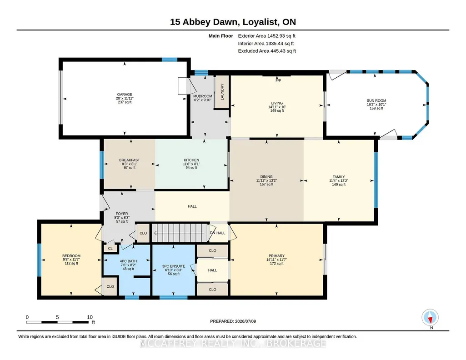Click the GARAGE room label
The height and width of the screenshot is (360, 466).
pyautogui.click(x=125, y=95)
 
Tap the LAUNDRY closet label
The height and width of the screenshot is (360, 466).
pyautogui.click(x=222, y=91)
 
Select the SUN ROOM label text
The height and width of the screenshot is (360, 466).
pyautogui.click(x=376, y=101)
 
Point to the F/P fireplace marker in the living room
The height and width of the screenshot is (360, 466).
pyautogui.click(x=278, y=80)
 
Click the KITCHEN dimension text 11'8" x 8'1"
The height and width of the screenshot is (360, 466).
pyautogui.click(x=191, y=164)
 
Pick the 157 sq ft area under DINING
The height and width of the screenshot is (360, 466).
pyautogui.click(x=266, y=185)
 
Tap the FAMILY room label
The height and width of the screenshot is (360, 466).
pyautogui.click(x=339, y=177)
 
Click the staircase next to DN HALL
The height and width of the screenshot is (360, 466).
pyautogui.click(x=180, y=233)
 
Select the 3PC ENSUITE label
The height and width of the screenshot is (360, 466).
pyautogui.click(x=174, y=266)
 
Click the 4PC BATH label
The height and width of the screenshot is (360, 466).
pyautogui.click(x=128, y=261)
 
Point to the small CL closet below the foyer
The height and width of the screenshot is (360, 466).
pyautogui.click(x=110, y=248)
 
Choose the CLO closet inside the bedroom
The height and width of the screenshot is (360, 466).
pyautogui.click(x=110, y=287)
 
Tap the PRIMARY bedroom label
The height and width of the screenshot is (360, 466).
pyautogui.click(x=276, y=256)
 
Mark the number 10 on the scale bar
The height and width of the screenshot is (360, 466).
pyautogui.click(x=90, y=317)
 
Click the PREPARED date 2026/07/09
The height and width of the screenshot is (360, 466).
pyautogui.click(x=245, y=321)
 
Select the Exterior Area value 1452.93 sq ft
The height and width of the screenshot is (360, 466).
pyautogui.click(x=281, y=36)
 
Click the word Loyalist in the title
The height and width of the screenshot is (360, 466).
pyautogui.click(x=261, y=22)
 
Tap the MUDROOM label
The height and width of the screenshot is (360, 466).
pyautogui.click(x=203, y=96)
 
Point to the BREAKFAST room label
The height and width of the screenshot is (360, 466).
pyautogui.click(x=129, y=160)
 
